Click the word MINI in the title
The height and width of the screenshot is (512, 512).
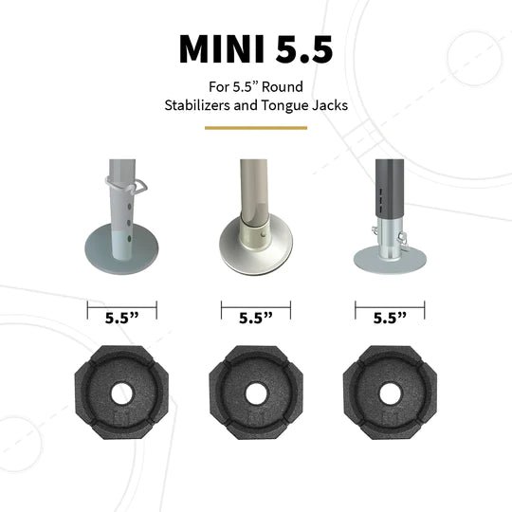[221, 49]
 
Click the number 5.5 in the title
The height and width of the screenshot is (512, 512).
[300, 49]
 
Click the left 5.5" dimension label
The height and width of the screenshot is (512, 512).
[121, 320]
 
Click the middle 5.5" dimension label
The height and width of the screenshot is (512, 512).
[255, 320]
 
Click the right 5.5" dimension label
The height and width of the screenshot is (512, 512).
[390, 320]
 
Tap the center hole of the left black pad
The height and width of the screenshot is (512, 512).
[121, 393]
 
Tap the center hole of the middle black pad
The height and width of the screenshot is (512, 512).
[255, 393]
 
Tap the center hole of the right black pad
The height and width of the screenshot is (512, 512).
[390, 393]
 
